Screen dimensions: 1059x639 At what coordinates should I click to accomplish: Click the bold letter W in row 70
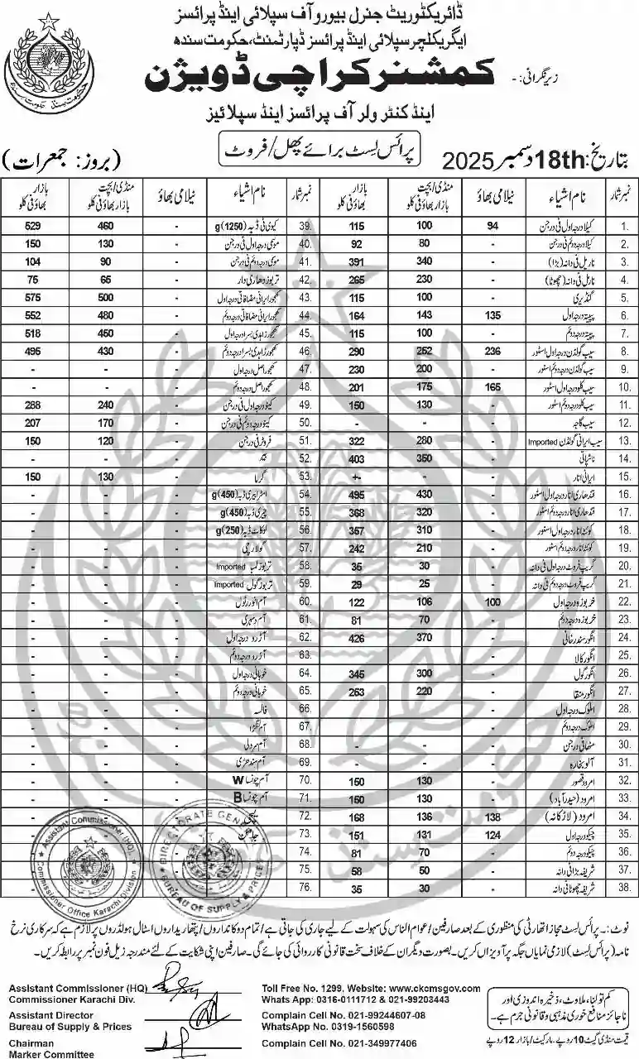pyautogui.click(x=237, y=780)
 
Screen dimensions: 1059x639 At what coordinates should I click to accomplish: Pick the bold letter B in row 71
pyautogui.click(x=237, y=798)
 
